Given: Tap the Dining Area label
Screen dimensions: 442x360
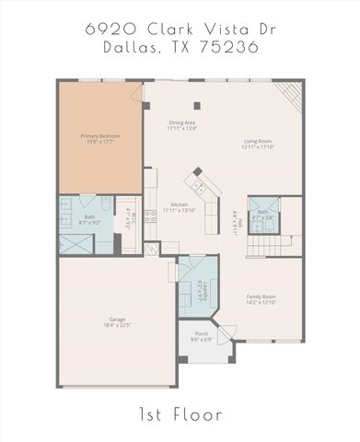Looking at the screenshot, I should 180,122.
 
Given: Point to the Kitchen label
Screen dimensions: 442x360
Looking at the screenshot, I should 180,204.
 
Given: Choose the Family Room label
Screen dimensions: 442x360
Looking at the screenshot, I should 261,297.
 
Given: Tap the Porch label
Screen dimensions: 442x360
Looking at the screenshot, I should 203,334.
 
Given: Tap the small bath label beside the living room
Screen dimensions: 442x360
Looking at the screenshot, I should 262,212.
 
